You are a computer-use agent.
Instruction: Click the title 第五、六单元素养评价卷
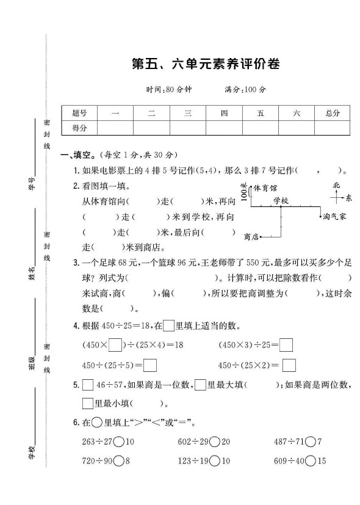(x=206, y=64)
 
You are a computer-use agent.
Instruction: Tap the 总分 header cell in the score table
(x=332, y=113)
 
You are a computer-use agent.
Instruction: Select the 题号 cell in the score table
(x=79, y=113)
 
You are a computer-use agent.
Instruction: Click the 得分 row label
(x=79, y=128)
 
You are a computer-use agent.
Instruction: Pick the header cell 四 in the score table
(x=224, y=113)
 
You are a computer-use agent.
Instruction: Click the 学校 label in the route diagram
(x=280, y=200)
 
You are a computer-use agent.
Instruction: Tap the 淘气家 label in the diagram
(x=335, y=216)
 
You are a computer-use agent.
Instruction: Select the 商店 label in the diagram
(x=251, y=236)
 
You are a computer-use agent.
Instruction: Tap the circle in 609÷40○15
(x=310, y=461)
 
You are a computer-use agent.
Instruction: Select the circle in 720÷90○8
(x=118, y=461)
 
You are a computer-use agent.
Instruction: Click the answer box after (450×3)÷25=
(x=286, y=346)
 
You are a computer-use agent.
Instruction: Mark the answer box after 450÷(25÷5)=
(x=151, y=366)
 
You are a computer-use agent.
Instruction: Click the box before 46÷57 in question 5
(x=87, y=385)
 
